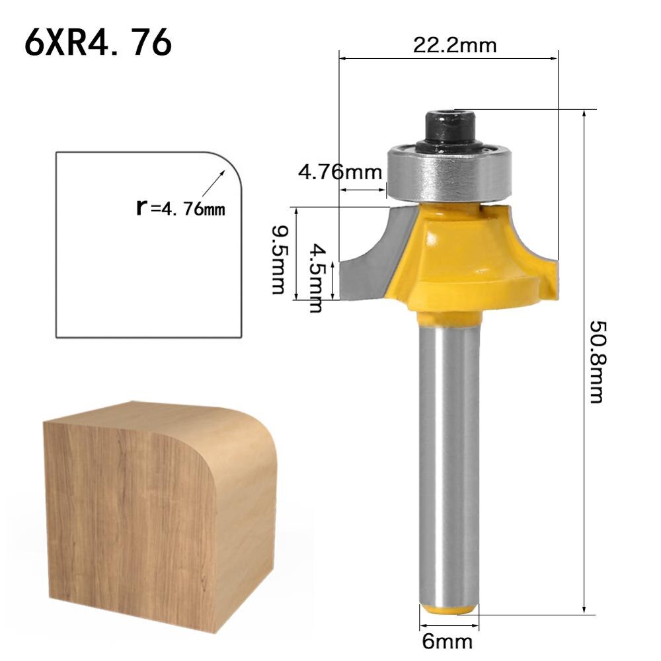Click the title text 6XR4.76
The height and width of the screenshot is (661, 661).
[98, 44]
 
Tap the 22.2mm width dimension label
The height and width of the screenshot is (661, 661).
[454, 45]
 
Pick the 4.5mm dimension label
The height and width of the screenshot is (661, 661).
[319, 278]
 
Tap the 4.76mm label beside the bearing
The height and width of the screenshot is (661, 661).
[340, 173]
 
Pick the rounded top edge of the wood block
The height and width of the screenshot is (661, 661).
[245, 430]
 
